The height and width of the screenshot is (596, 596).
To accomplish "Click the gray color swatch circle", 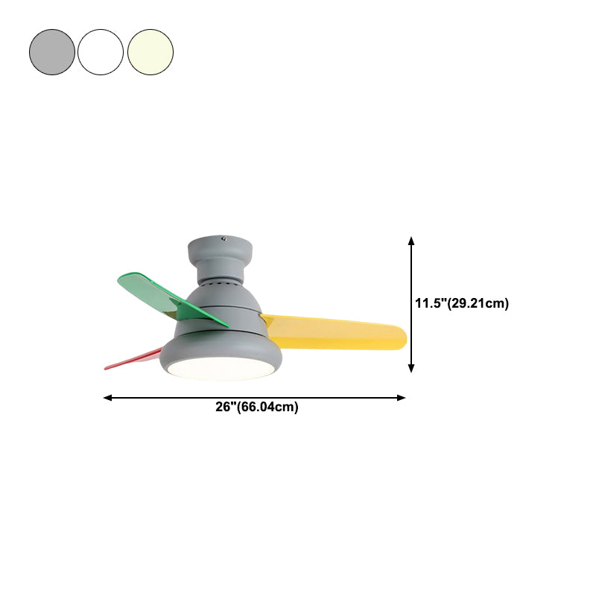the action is tap(52, 52).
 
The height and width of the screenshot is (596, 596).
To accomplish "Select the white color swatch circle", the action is tap(101, 52).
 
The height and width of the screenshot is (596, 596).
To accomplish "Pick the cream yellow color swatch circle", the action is tap(150, 52).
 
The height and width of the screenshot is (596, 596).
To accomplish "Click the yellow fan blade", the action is tap(335, 332).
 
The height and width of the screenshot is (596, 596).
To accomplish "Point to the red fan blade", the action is tap(133, 359).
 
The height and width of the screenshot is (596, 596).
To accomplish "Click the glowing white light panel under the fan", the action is tap(221, 369).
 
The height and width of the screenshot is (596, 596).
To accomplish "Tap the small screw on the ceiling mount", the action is tap(224, 239).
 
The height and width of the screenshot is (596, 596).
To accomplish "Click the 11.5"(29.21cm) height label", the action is tap(462, 303).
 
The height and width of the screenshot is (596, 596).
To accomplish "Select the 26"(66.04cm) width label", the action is tap(257, 407).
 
